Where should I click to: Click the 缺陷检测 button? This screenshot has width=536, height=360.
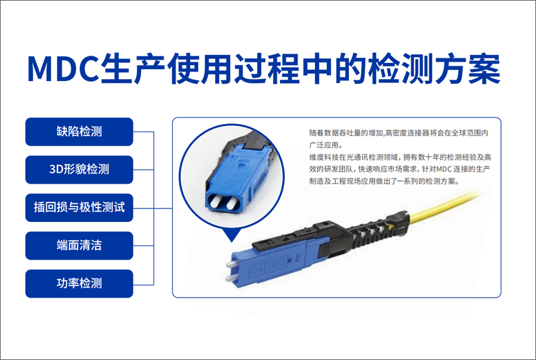(79, 131)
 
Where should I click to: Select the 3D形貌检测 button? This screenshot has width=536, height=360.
(79, 170)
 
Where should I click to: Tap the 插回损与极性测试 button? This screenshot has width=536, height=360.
(79, 207)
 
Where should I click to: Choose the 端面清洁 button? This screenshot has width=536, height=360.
(79, 245)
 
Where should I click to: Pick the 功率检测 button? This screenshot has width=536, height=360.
(79, 283)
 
